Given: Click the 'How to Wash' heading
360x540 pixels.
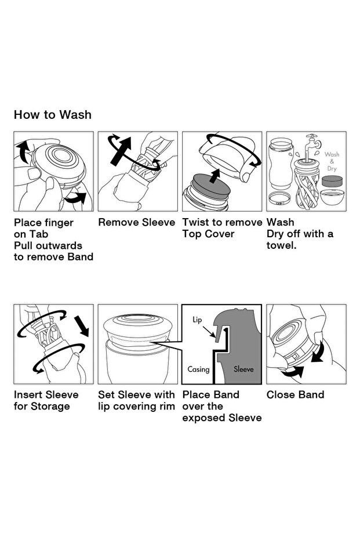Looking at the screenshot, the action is pyautogui.click(x=53, y=115).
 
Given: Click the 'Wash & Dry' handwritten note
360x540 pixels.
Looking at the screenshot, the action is pyautogui.click(x=332, y=161).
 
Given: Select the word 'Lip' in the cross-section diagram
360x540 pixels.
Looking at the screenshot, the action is pyautogui.click(x=197, y=320).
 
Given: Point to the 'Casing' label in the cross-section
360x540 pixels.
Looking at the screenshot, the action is pyautogui.click(x=198, y=369).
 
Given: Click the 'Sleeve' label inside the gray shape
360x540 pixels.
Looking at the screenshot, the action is pyautogui.click(x=243, y=369).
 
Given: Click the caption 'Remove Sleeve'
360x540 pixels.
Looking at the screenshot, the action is pyautogui.click(x=137, y=222).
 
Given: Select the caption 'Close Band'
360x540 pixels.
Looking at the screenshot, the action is pyautogui.click(x=295, y=394).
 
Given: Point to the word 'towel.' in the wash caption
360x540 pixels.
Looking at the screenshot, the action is pyautogui.click(x=281, y=245).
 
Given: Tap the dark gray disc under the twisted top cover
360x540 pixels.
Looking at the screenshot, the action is pyautogui.click(x=212, y=185).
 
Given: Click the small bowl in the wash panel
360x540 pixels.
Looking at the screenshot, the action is pyautogui.click(x=332, y=197).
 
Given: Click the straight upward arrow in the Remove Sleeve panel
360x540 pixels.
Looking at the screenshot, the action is pyautogui.click(x=120, y=150).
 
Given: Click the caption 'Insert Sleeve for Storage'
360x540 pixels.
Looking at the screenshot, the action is pyautogui.click(x=46, y=400).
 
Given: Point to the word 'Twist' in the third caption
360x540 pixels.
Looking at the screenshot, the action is pyautogui.click(x=195, y=222).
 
